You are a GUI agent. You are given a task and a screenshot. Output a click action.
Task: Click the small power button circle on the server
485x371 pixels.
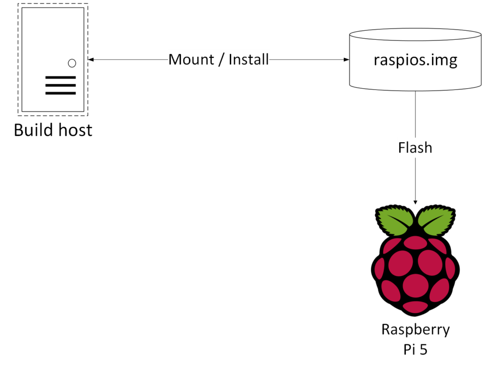point(72,63)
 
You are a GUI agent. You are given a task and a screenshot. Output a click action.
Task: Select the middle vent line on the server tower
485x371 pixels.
point(61,85)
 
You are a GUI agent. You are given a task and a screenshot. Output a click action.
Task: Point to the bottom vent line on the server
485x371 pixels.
point(61,93)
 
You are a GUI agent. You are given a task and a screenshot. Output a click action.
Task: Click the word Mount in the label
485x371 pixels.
point(191,60)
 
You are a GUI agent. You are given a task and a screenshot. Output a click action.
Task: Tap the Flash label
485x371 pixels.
point(415,148)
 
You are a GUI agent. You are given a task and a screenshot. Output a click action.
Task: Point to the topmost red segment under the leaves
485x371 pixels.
point(415,243)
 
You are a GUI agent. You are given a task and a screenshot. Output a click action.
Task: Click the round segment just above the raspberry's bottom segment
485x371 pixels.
point(415,285)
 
